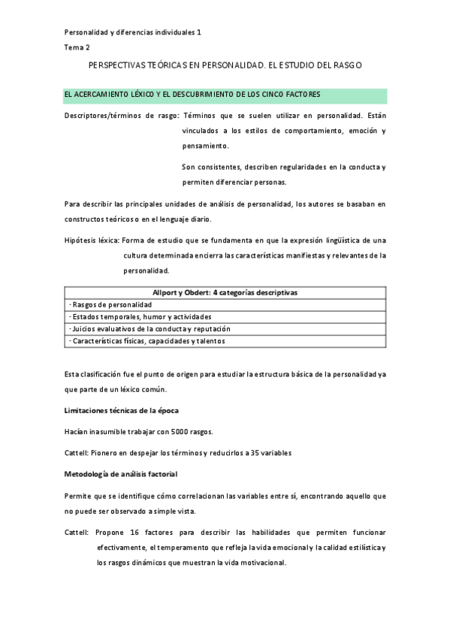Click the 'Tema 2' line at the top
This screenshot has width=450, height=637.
(x=76, y=47)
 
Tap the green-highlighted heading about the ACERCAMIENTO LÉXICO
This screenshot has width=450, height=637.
(x=193, y=95)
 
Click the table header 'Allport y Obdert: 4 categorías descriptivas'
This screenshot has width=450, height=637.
(x=225, y=293)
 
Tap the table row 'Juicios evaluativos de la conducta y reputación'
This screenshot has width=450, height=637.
(x=149, y=329)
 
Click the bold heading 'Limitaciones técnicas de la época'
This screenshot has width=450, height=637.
(x=121, y=410)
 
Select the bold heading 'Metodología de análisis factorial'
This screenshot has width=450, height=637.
(x=121, y=474)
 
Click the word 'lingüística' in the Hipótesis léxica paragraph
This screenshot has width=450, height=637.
(x=338, y=240)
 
